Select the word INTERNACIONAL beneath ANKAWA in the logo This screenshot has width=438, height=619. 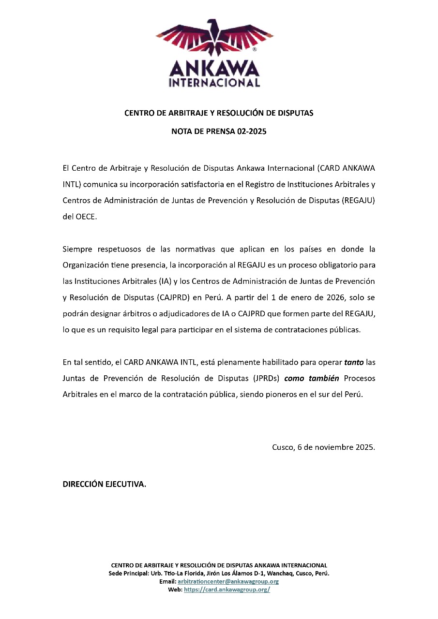[x=214, y=83]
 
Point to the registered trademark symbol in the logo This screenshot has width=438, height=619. [x=255, y=49]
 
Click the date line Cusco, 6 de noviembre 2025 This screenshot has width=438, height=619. [x=323, y=447]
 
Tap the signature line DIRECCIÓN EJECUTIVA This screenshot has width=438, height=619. [x=105, y=484]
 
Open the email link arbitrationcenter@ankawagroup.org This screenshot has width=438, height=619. [x=228, y=581]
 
